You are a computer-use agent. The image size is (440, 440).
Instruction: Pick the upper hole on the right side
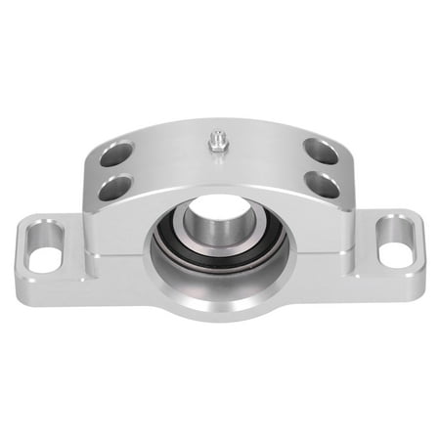tap(321, 152)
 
